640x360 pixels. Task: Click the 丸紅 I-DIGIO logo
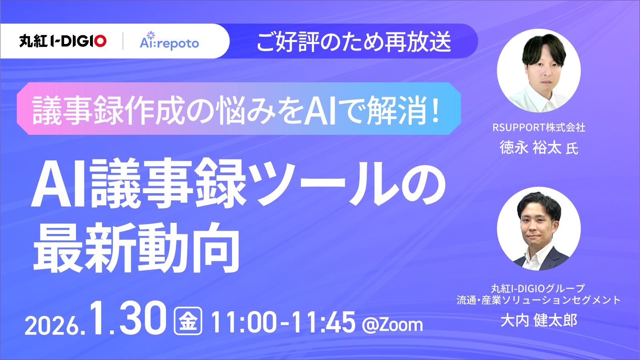pyautogui.click(x=63, y=41)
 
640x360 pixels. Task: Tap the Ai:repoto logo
pyautogui.click(x=169, y=42)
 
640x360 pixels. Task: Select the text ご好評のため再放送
pyautogui.click(x=354, y=42)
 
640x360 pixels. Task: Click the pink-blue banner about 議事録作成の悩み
pyautogui.click(x=238, y=109)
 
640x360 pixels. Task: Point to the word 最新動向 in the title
pyautogui.click(x=136, y=248)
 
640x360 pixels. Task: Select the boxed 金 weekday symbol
pyautogui.click(x=188, y=321)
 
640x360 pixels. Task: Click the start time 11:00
pyautogui.click(x=244, y=322)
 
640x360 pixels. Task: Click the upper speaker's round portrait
pyautogui.click(x=538, y=70)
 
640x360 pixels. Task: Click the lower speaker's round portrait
pyautogui.click(x=538, y=228)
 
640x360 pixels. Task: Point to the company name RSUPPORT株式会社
pyautogui.click(x=539, y=128)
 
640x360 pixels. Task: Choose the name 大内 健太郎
pyautogui.click(x=539, y=320)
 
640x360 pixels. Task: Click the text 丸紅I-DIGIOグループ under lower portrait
pyautogui.click(x=538, y=288)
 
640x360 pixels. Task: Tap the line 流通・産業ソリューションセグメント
pyautogui.click(x=538, y=300)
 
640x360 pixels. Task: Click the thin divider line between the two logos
pyautogui.click(x=123, y=41)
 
